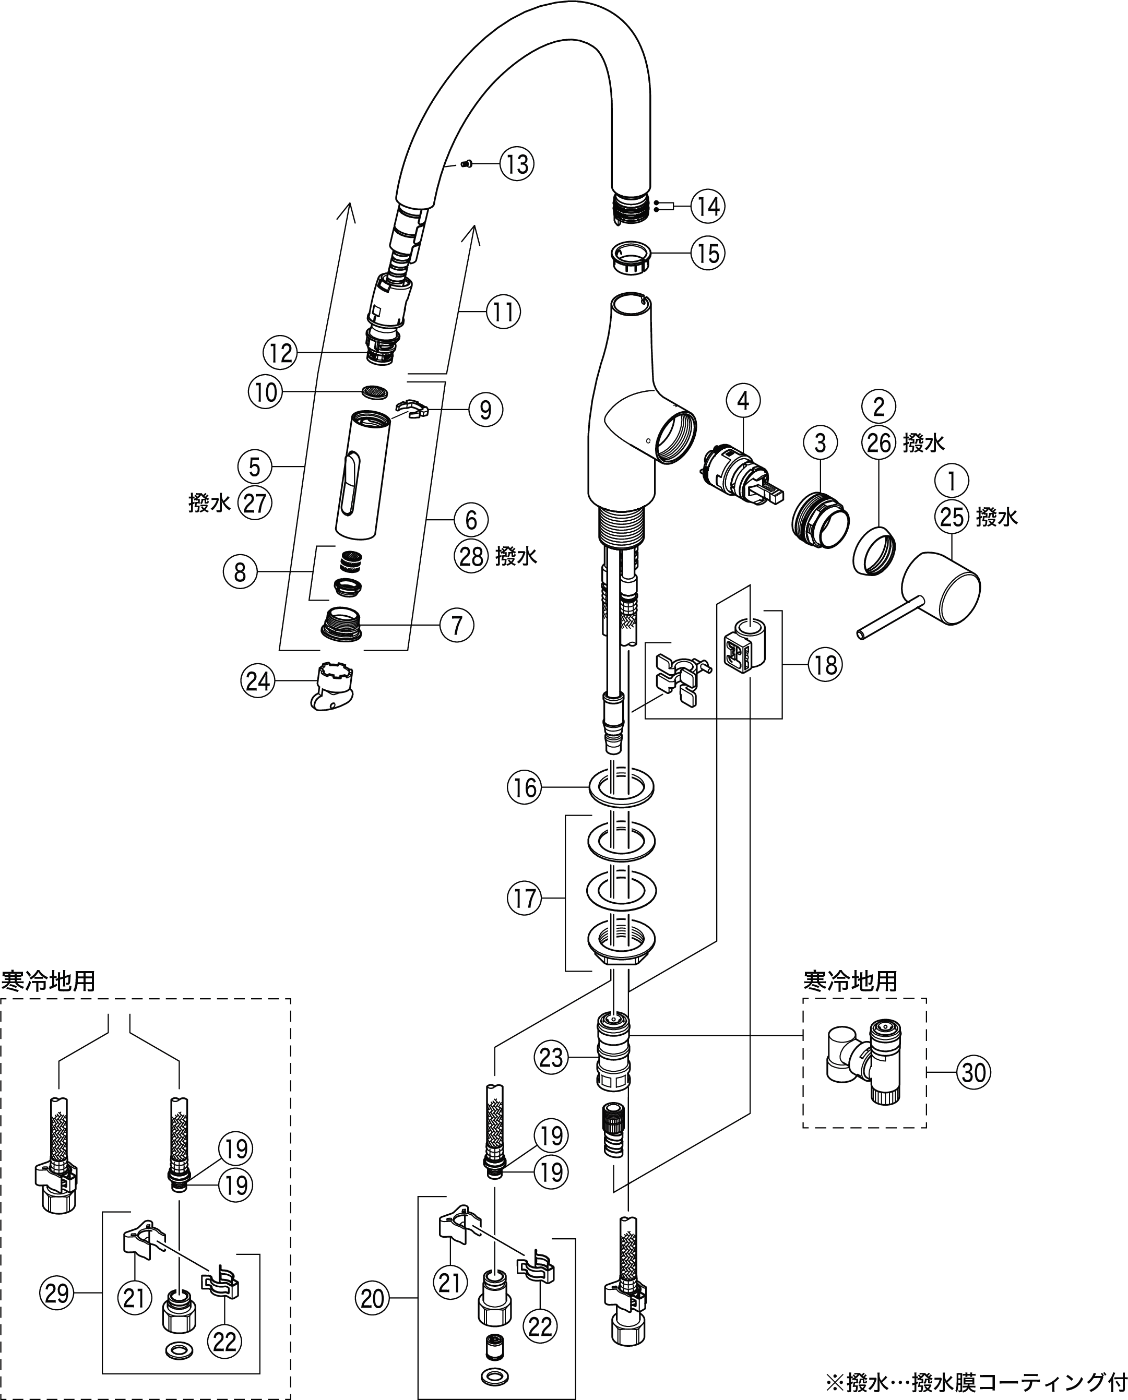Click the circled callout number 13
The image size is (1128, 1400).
517,164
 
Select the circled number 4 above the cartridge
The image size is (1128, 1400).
743,401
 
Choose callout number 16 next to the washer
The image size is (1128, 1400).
525,788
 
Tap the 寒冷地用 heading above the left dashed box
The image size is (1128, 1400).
49,981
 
